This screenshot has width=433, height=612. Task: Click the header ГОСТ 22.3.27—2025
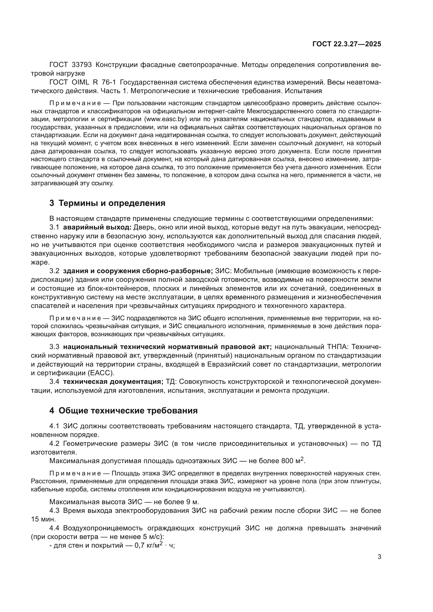click(347, 44)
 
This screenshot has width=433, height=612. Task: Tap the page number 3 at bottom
click(379, 557)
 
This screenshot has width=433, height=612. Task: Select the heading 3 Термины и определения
click(107, 203)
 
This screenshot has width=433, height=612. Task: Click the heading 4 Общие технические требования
click(123, 411)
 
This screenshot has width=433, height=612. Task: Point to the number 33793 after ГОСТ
click(82, 65)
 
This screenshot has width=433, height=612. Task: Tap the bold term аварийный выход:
click(97, 227)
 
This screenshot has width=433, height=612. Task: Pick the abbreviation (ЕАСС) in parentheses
click(101, 373)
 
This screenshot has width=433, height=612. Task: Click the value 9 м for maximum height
click(192, 502)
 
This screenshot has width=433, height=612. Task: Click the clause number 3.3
click(54, 347)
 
